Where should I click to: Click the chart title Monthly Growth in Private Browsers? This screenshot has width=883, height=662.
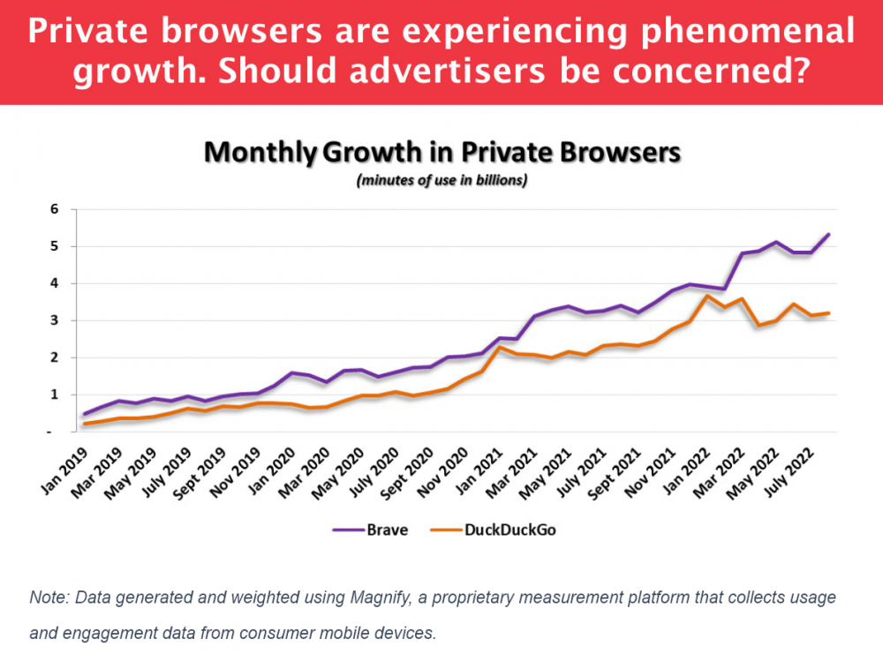[x=441, y=153]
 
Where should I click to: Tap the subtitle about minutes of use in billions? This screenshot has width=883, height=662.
[x=441, y=181]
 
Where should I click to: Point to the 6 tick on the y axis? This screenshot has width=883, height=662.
[x=54, y=210]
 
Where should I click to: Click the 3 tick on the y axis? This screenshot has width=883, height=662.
[x=54, y=321]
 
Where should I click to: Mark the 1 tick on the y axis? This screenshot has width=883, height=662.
[x=54, y=395]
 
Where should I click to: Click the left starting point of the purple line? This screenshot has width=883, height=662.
[x=85, y=413]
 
